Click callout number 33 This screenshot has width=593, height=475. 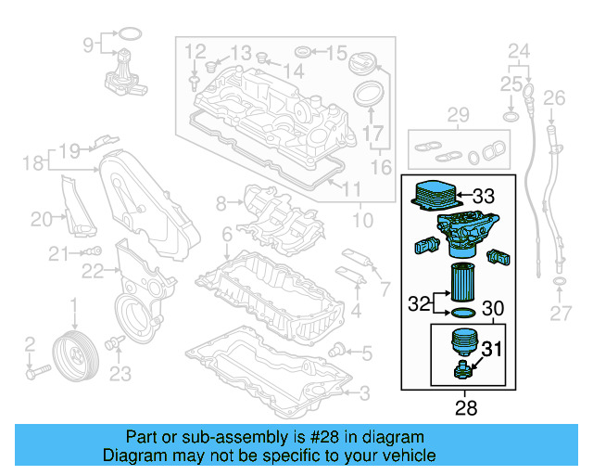pyautogui.click(x=484, y=197)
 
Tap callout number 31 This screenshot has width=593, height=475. pyautogui.click(x=491, y=349)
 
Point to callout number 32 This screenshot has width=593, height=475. pyautogui.click(x=419, y=302)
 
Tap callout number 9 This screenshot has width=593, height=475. pyautogui.click(x=90, y=44)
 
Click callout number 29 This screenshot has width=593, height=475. pyautogui.click(x=458, y=115)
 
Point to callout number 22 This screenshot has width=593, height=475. pyautogui.click(x=92, y=270)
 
